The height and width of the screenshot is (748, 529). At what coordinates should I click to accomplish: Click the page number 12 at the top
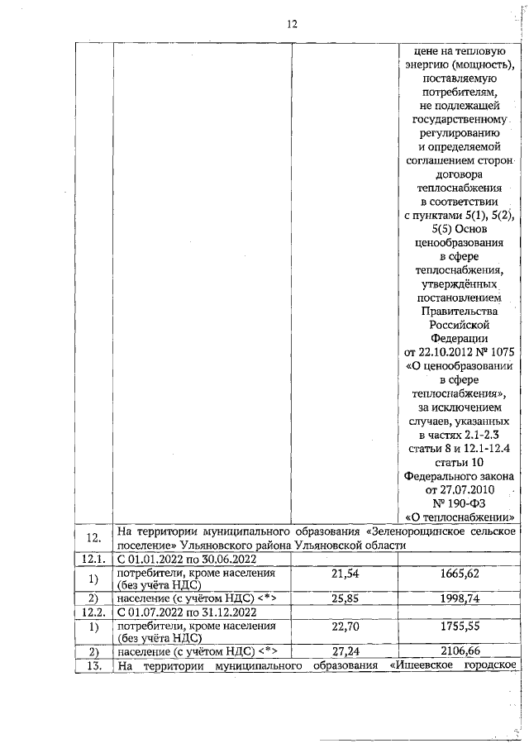click(291, 24)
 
